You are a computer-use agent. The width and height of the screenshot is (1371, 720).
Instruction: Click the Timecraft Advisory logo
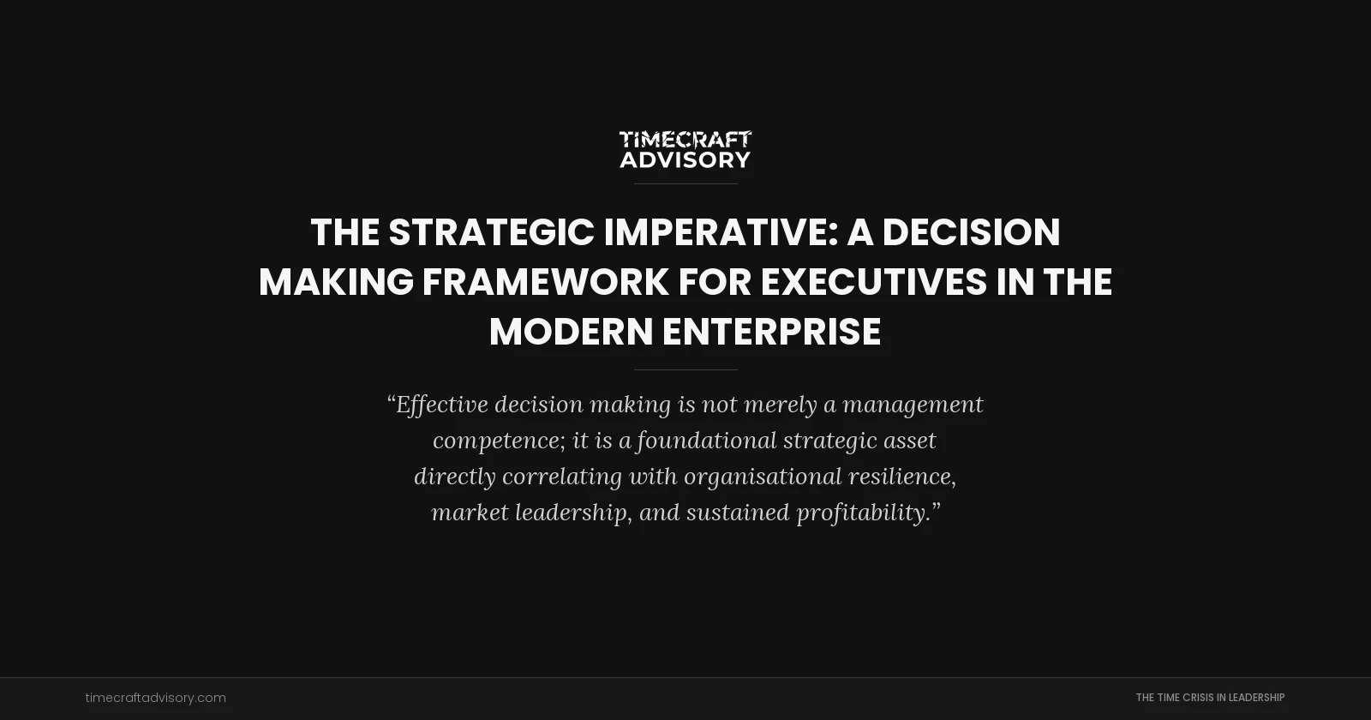[685, 149]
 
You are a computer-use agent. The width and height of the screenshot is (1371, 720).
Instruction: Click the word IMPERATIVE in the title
[716, 233]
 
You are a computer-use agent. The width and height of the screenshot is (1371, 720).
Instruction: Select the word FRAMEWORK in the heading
[545, 283]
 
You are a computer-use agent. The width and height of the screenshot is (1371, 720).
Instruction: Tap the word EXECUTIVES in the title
[873, 283]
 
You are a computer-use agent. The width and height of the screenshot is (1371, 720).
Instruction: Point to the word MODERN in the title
[571, 333]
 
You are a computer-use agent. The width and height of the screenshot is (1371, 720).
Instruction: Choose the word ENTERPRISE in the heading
[771, 333]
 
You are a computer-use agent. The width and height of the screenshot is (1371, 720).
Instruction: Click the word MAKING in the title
[336, 283]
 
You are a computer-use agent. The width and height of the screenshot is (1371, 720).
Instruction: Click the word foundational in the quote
[706, 441]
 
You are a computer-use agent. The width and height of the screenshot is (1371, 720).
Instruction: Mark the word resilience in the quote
[901, 477]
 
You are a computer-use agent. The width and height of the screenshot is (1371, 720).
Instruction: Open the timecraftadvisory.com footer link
[156, 698]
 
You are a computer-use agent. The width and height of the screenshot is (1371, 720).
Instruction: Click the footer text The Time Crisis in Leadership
[1210, 698]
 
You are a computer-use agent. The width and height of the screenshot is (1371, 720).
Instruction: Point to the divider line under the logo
[685, 183]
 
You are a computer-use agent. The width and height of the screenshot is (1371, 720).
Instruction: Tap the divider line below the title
[685, 369]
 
